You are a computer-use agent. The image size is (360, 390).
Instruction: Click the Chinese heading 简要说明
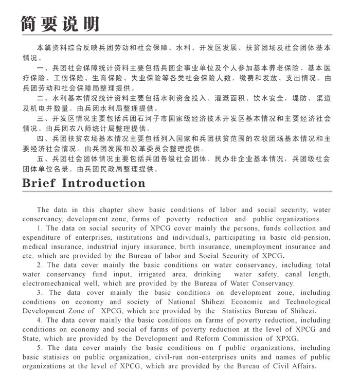click(59, 23)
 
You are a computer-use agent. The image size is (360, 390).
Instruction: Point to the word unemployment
click(263, 246)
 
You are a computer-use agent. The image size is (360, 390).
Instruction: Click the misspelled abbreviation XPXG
click(285, 339)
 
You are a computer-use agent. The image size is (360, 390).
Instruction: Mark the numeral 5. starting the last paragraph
click(40, 348)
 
